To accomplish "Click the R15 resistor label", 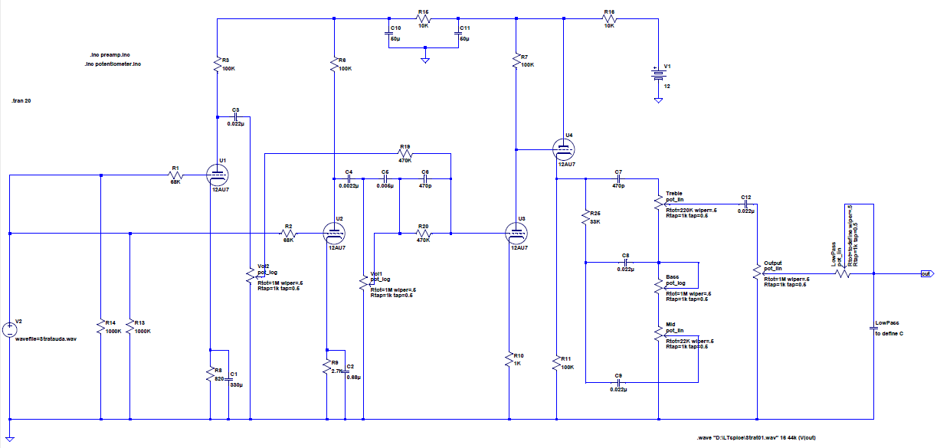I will [423, 12].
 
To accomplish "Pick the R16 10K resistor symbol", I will [609, 20].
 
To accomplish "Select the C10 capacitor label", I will [395, 28].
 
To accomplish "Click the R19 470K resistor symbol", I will [405, 153].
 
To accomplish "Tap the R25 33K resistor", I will [585, 216].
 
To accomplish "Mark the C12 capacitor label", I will [745, 197].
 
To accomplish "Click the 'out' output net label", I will [925, 273].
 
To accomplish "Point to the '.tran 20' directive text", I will [22, 102].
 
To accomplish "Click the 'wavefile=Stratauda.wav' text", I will [47, 338].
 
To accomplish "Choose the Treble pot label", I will [674, 193].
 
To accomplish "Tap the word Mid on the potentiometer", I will [671, 325].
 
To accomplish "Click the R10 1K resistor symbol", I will [509, 359].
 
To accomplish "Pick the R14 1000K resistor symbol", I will [100, 327].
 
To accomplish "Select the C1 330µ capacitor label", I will [234, 373].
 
